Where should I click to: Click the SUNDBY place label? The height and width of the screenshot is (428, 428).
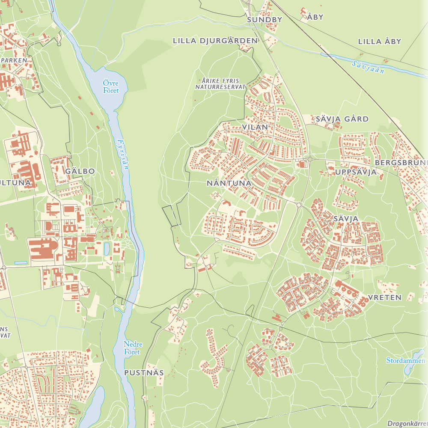[265, 19]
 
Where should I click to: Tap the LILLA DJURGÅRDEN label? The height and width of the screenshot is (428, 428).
[215, 41]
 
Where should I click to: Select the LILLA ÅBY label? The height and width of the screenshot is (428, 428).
[380, 42]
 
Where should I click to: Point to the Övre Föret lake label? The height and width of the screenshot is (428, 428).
[110, 86]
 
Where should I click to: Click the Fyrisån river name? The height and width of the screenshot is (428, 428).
[122, 155]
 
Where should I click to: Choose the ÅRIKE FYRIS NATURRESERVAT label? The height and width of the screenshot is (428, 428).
[220, 83]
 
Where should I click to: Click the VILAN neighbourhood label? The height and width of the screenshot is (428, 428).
[255, 127]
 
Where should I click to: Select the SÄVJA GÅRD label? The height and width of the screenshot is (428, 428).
[342, 119]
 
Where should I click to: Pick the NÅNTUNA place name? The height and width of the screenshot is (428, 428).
[229, 183]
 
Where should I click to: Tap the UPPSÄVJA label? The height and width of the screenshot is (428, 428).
[356, 172]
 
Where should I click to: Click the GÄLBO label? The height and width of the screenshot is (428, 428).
[80, 171]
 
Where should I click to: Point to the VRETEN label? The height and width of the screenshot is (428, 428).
[384, 297]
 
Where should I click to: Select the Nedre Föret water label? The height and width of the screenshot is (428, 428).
[133, 348]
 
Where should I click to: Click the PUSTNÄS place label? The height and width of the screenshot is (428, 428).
[144, 373]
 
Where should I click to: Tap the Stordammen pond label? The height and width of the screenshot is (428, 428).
[405, 360]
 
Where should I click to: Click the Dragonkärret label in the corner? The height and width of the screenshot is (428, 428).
[407, 423]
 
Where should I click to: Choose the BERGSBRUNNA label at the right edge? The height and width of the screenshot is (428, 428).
[401, 163]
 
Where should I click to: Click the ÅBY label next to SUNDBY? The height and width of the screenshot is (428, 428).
[315, 18]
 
